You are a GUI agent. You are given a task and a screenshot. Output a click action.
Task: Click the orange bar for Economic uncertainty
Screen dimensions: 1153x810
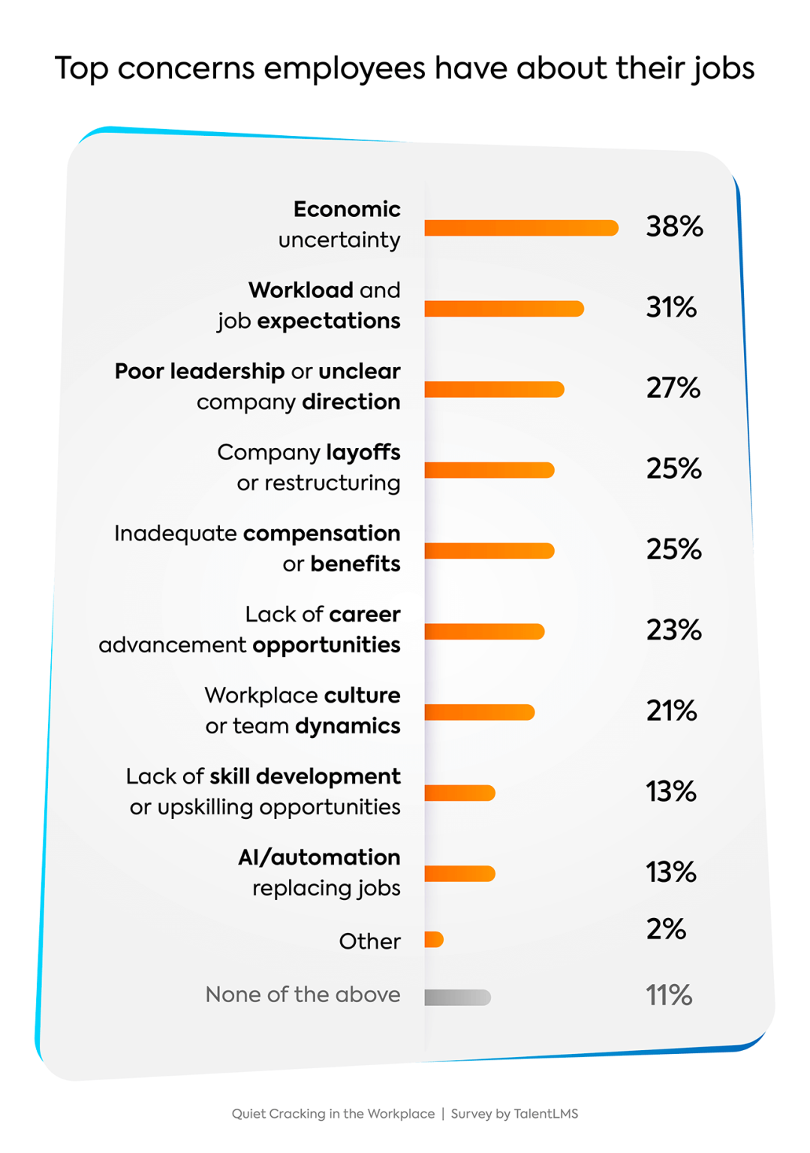521,227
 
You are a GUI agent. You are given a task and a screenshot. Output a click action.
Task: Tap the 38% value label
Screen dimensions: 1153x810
674,226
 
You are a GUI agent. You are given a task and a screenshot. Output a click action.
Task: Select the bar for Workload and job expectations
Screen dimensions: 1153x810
504,309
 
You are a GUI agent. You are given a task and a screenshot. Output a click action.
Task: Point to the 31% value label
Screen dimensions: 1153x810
671,307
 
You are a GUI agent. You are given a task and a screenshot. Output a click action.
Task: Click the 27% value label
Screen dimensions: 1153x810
673,388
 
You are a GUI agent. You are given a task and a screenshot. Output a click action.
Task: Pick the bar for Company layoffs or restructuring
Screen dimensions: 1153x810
489,470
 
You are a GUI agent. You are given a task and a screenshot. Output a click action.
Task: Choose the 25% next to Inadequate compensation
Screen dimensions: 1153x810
673,549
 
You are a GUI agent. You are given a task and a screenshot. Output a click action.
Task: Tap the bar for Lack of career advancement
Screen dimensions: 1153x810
484,631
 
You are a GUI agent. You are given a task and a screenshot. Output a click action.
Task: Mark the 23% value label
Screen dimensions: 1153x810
673,631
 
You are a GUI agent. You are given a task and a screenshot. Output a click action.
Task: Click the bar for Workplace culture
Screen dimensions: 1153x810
479,712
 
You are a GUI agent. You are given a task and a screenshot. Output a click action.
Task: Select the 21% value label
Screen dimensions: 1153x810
671,711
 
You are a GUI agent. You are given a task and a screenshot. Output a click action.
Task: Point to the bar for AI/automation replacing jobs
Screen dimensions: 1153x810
459,873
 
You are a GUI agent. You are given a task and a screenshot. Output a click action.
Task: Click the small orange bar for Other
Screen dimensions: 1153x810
434,939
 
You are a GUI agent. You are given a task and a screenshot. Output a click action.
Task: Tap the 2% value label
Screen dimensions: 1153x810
666,929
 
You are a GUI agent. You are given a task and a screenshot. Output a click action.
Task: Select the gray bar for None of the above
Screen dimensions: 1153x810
457,997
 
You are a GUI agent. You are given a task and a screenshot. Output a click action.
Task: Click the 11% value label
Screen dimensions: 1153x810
668,995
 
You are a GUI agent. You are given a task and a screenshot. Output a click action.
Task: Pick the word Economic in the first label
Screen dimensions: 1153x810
347,209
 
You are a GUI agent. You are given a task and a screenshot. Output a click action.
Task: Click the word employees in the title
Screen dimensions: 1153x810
344,68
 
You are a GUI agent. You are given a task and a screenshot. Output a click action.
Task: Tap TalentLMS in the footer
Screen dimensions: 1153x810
546,1114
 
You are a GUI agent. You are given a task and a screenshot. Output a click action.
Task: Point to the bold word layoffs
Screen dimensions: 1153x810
363,453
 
